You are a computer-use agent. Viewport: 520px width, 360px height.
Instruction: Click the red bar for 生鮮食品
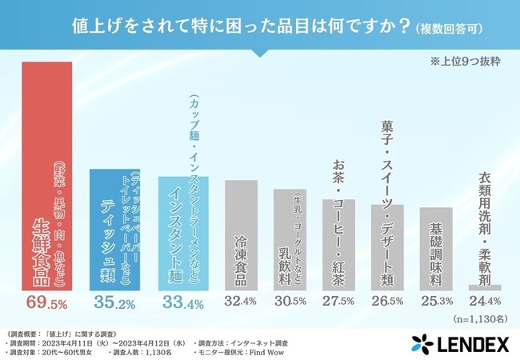(x=48, y=176)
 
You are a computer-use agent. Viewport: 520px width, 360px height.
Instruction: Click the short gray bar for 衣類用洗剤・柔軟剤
(x=490, y=287)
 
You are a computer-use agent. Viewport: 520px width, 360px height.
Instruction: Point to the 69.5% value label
(x=48, y=304)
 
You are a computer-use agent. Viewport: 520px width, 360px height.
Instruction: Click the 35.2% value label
(x=114, y=304)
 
